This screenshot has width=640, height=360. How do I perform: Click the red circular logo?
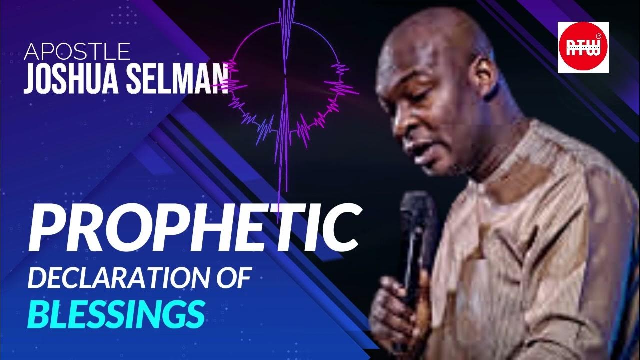[x=583, y=47]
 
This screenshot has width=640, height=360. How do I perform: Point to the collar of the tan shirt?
[x=505, y=150]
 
